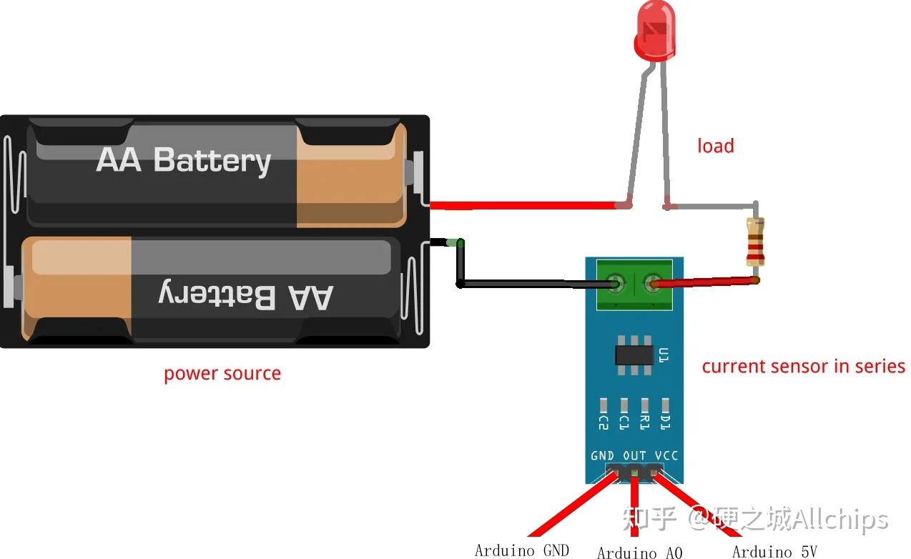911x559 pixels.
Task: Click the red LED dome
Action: [x=654, y=39]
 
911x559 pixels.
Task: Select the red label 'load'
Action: [x=715, y=146]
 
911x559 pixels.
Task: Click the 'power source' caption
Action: [x=222, y=373]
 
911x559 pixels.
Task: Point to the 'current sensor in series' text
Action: [x=803, y=366]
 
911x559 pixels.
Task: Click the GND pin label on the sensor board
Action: [x=602, y=455]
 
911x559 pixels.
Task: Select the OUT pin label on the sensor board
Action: [x=634, y=455]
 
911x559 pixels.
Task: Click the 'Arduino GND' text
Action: [x=521, y=550]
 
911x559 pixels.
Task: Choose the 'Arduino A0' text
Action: [x=639, y=552]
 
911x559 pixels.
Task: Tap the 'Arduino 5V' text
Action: [x=774, y=550]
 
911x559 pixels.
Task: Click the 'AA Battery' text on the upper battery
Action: [x=184, y=160]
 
